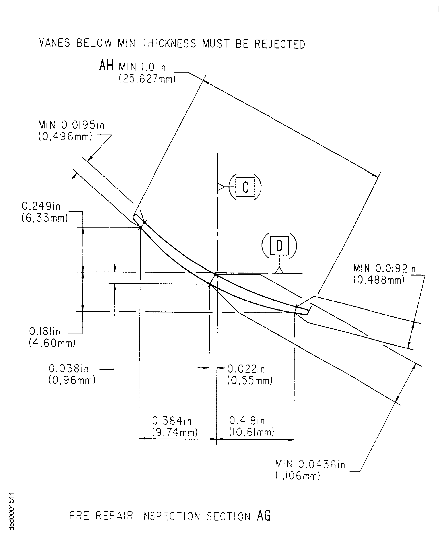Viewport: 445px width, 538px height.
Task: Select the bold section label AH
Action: click(106, 66)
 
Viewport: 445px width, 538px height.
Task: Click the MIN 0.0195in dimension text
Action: click(71, 125)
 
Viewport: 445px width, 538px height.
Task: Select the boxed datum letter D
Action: click(279, 246)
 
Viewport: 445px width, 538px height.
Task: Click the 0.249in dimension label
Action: click(41, 206)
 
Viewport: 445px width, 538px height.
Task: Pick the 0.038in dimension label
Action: click(68, 369)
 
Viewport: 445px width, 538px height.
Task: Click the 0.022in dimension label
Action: click(246, 369)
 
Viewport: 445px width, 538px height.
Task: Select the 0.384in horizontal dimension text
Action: click(172, 421)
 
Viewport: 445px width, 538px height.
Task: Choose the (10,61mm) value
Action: click(251, 432)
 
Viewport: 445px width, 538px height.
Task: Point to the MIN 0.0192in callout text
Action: click(384, 268)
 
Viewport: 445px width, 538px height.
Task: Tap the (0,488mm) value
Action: click(379, 280)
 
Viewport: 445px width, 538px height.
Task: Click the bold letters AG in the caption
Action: click(264, 516)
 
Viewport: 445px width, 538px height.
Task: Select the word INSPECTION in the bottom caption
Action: click(170, 516)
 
